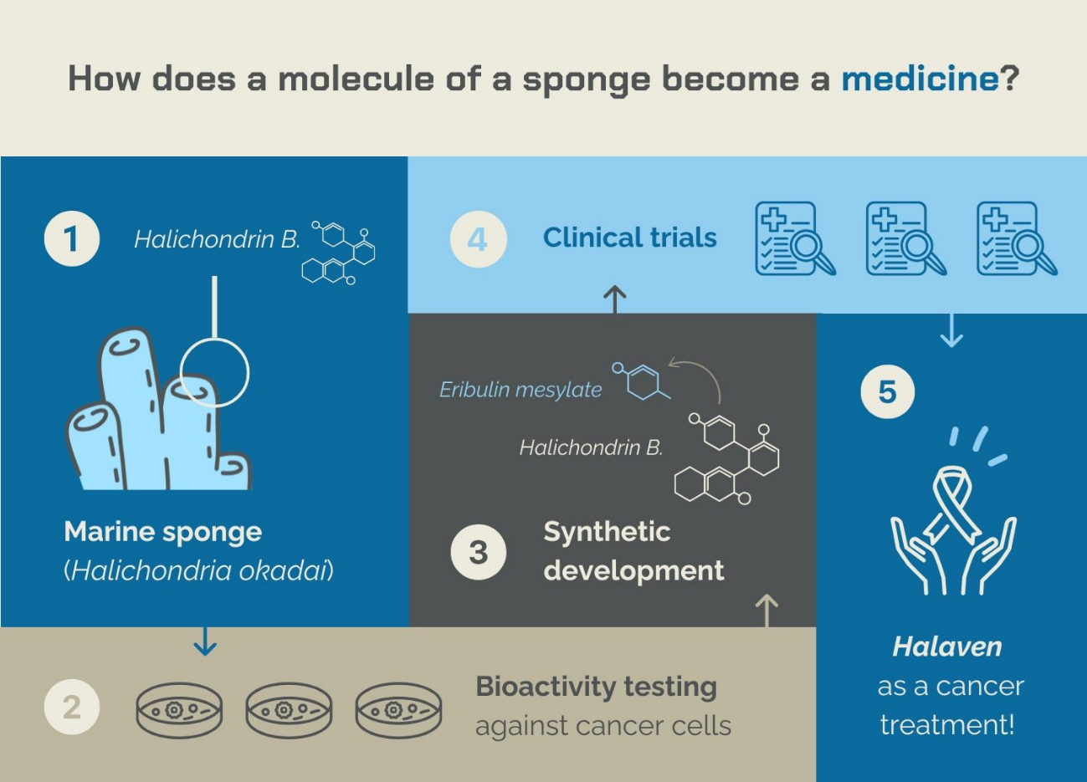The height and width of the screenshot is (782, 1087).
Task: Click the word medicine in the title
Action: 920,79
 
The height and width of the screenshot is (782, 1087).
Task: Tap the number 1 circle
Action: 72,238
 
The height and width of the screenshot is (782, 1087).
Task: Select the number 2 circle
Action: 72,707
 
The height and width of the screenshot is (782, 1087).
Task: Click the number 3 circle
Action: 478,552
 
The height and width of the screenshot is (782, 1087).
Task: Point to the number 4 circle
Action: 478,239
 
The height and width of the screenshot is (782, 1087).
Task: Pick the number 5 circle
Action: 887,391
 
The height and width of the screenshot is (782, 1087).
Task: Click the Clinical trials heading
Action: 629,238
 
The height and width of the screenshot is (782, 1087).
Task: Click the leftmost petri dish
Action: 179,711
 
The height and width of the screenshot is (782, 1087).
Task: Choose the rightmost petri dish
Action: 398,711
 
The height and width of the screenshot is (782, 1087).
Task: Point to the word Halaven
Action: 946,647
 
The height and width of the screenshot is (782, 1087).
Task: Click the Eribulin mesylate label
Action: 520,390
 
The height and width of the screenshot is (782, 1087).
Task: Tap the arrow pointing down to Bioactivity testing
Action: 205,641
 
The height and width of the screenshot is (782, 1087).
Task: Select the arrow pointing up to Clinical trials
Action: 615,299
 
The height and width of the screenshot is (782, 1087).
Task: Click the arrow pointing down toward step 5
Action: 951,331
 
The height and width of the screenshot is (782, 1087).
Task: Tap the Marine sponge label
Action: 163,532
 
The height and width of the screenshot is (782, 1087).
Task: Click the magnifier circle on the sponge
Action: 214,372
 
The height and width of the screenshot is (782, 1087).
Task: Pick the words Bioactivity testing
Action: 596,687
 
